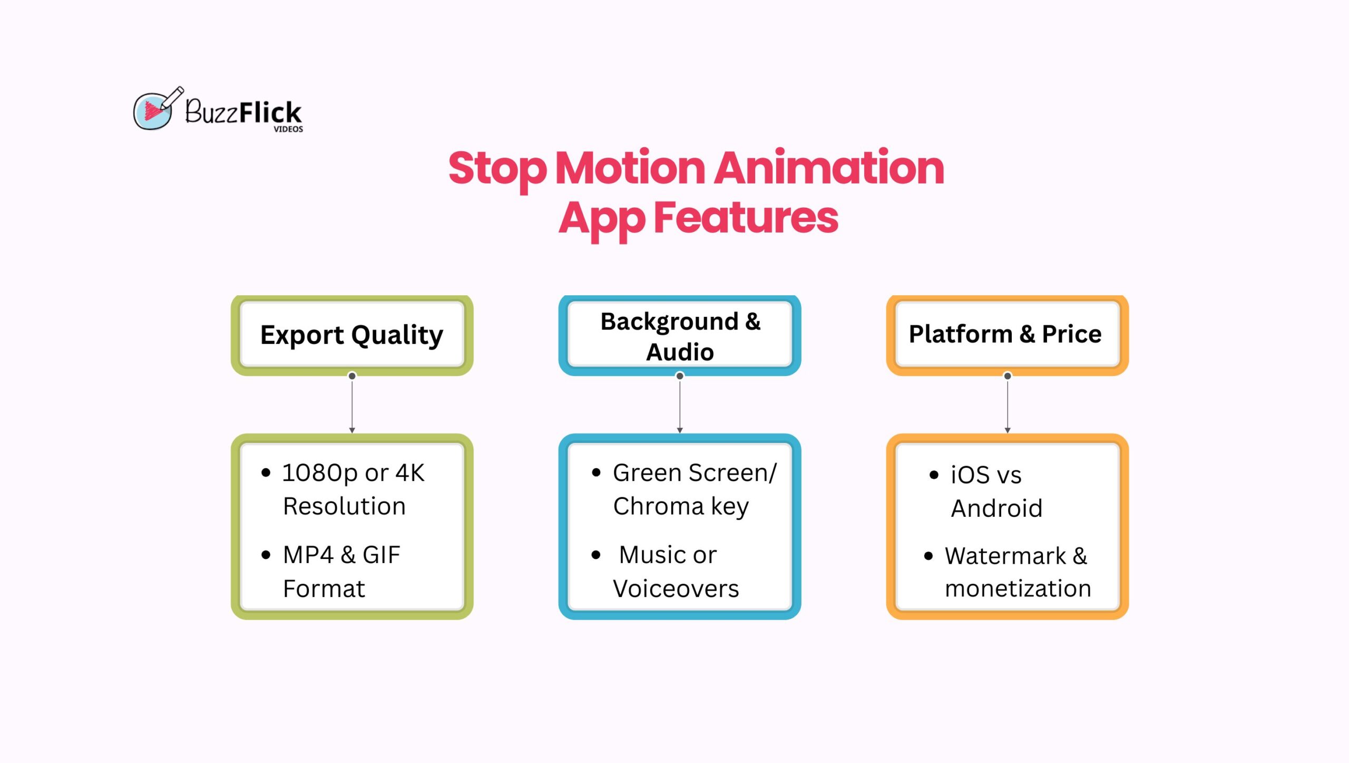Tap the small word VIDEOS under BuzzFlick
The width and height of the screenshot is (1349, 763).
(x=288, y=129)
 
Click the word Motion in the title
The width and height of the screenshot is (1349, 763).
(x=630, y=168)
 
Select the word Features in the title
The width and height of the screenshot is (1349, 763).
(x=745, y=218)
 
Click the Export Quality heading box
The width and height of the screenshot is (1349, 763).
(x=352, y=335)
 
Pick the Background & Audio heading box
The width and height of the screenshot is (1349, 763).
(x=680, y=335)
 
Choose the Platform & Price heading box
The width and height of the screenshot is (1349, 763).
(x=1006, y=334)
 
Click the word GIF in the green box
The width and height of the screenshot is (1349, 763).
(x=381, y=555)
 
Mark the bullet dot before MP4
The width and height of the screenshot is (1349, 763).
(x=266, y=555)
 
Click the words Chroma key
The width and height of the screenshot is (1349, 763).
(x=680, y=507)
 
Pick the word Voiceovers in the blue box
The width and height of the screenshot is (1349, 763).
(x=676, y=589)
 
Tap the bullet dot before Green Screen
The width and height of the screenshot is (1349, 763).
(x=596, y=472)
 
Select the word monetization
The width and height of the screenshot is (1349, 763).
(x=1018, y=588)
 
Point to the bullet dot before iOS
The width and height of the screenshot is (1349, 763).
(x=934, y=475)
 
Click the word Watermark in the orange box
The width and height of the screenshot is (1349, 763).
(x=1005, y=556)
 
